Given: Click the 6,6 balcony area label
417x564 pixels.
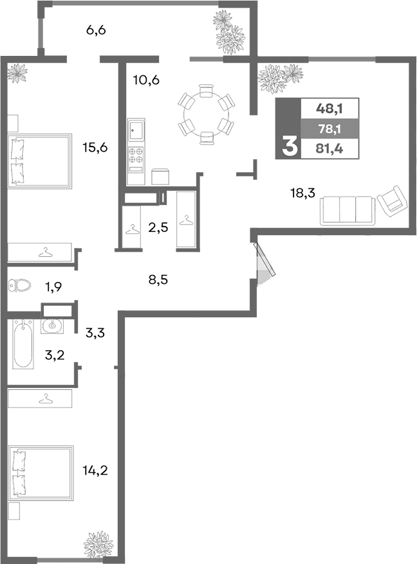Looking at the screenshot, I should coord(96,30).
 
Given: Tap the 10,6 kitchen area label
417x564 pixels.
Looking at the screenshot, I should coord(146,80).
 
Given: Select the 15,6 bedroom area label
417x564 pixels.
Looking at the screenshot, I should coord(95,147).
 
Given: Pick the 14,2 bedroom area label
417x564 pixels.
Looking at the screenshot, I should coord(95,470).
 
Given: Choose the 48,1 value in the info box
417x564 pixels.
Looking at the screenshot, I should coord(329,109).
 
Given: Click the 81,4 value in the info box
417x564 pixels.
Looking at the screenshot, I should coord(329,149).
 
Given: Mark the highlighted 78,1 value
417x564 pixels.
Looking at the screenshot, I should coord(329,129).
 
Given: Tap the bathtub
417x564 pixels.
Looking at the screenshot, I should coord(23,344).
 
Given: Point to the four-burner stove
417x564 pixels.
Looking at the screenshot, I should coord(136,155).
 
